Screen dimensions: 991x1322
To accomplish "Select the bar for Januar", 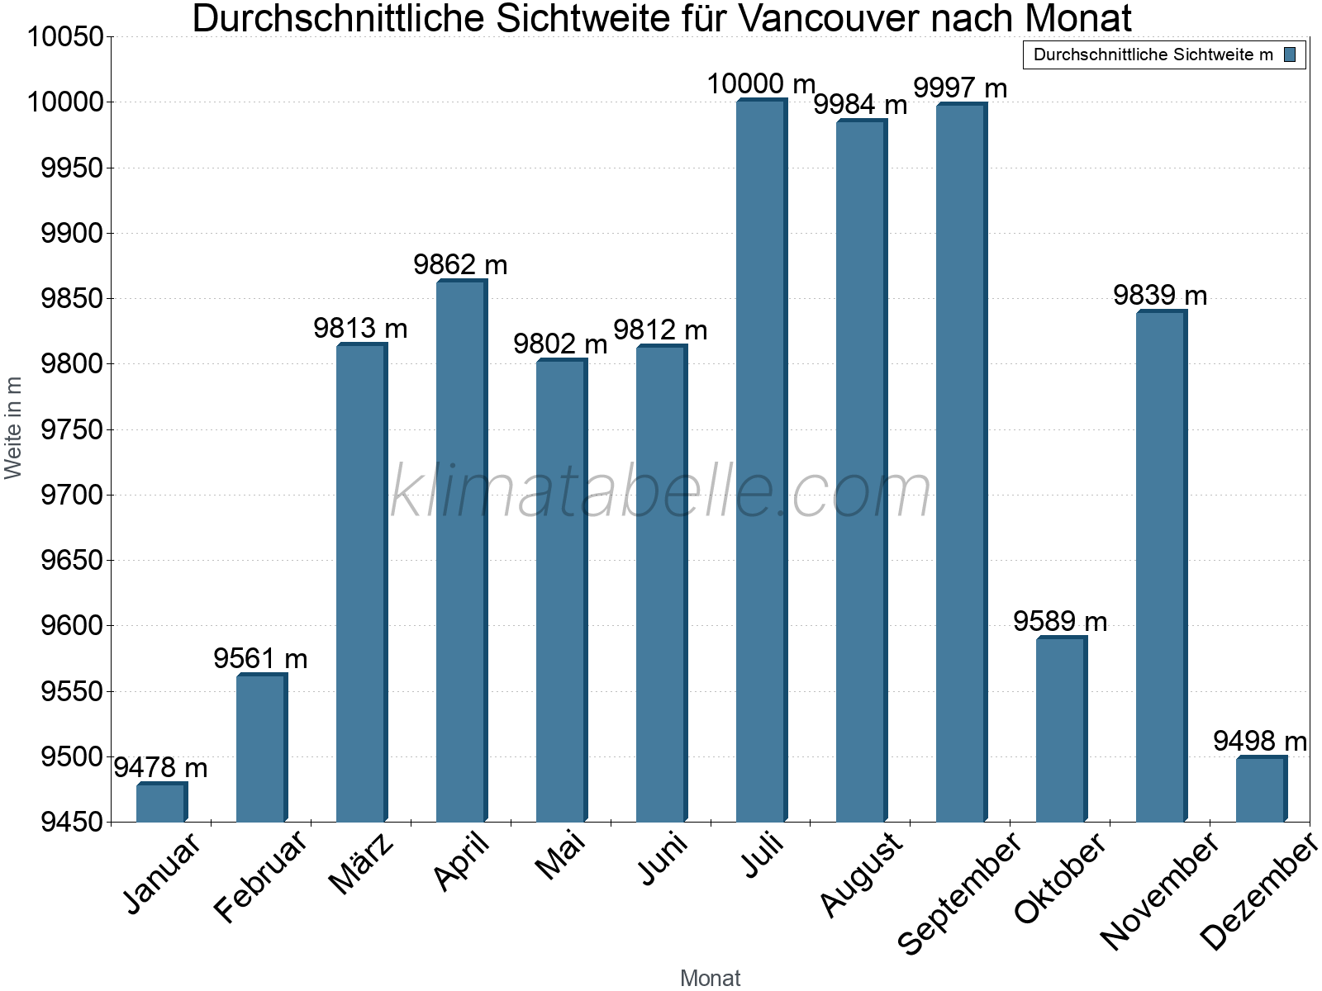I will pos(160,802).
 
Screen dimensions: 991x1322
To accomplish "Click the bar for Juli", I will pos(760,461).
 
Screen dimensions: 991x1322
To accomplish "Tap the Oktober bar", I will pos(1060,729).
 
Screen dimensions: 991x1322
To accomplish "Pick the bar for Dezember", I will pos(1260,789).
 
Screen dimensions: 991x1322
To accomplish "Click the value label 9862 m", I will pos(460,265).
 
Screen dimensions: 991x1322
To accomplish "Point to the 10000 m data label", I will pos(761,84).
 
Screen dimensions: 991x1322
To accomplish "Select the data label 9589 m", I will pos(1060,621).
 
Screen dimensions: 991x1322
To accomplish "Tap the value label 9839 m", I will pos(1160,296).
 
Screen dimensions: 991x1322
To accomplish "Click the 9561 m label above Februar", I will pos(260,659).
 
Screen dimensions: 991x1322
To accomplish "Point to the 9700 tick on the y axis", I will pos(72,495).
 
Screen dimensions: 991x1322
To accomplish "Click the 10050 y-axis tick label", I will pos(65,37).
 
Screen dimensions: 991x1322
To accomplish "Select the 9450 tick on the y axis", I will pos(72,823).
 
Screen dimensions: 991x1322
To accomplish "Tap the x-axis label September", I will pos(959,894).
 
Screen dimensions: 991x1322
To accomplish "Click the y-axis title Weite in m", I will pos(13,428).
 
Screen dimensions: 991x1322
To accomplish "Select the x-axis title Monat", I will pos(710,979).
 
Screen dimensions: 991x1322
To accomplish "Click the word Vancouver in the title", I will pos(830,18).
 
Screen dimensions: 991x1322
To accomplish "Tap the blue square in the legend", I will pos(1290,55).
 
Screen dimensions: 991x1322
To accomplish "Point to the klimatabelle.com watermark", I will pos(660,491).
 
